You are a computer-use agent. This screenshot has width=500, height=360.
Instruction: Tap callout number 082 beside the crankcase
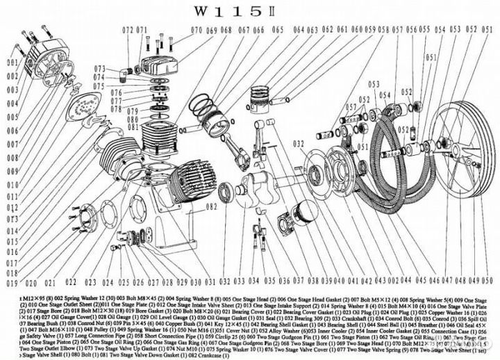pos(211,206)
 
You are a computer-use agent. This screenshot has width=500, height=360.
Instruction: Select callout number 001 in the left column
pos(10,63)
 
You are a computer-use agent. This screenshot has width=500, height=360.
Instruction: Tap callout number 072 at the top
pos(127,30)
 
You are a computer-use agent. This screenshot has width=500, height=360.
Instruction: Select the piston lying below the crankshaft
pos(306,207)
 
